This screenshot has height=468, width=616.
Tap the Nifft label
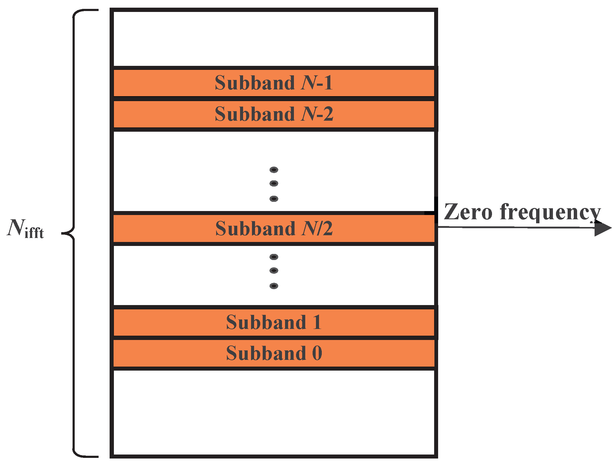pos(25,229)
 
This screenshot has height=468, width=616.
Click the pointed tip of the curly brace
pos(63,233)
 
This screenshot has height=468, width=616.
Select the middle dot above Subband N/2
pos(274,183)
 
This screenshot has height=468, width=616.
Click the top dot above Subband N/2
pos(274,170)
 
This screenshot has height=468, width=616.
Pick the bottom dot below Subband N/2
pos(274,286)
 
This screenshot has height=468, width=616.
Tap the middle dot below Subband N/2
pos(274,270)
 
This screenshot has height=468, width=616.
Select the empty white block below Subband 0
pos(274,412)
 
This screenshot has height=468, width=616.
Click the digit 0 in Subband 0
pos(317,353)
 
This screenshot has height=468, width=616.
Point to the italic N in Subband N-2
pos(309,114)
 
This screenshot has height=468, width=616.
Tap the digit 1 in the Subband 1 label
pos(317,322)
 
